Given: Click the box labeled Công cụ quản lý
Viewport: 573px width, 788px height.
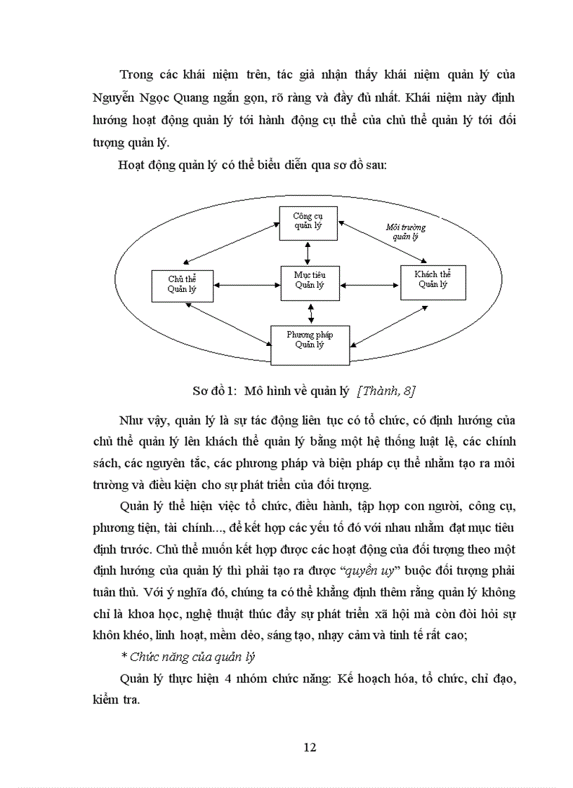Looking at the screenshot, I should (308, 221).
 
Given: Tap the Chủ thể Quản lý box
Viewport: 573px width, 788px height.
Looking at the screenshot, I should (182, 284).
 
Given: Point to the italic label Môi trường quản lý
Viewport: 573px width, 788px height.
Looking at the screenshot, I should (405, 232).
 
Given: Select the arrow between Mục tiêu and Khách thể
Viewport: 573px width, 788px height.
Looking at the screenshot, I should (369, 285).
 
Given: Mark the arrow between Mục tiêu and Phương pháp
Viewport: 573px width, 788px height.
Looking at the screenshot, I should (310, 312).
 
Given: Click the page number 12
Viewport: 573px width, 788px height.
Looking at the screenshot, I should (310, 747).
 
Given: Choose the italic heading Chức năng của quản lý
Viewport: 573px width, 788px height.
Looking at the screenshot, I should (187, 657).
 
